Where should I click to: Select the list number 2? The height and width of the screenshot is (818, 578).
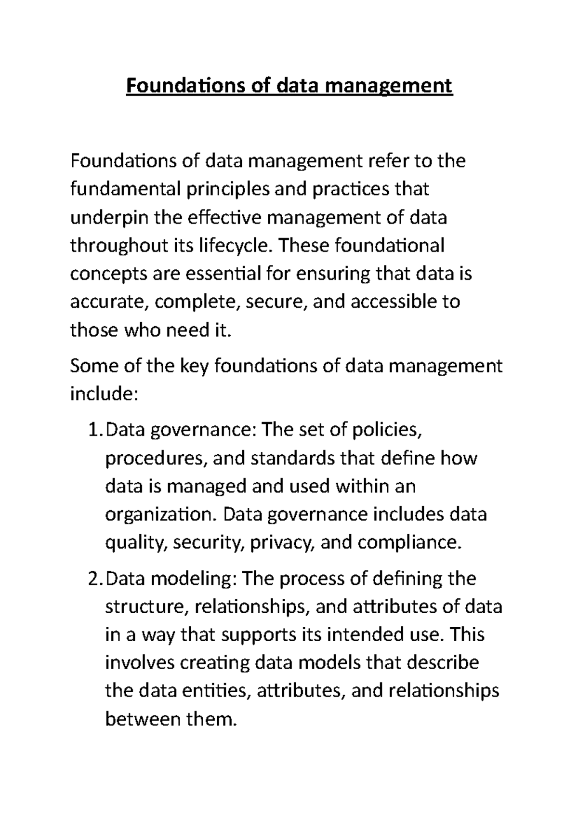[x=94, y=578]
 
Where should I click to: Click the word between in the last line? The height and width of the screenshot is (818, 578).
[x=139, y=720]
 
